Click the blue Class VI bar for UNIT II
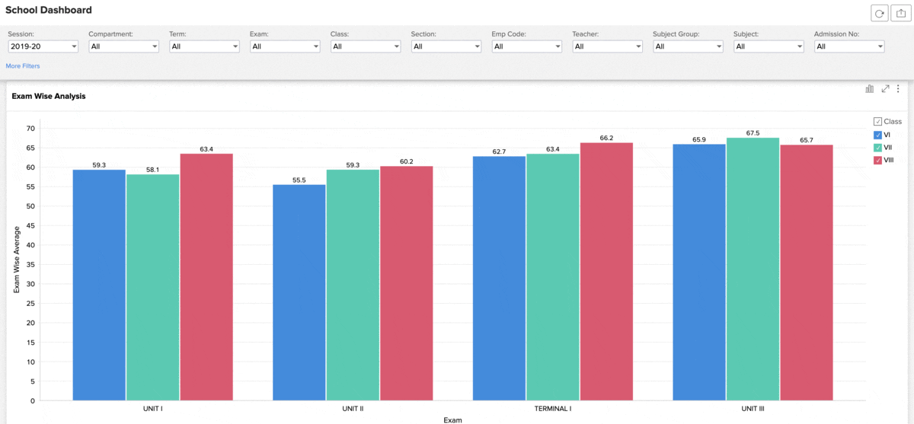299,292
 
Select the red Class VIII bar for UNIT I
206,277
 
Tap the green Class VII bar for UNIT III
753,269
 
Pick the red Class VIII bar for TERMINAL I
606,272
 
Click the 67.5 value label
753,133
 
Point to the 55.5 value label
299,180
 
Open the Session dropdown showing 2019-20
43,46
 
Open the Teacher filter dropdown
607,46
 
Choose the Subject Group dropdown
688,46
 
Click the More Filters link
23,65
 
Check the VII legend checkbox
877,148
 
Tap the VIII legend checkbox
877,160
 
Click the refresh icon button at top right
879,14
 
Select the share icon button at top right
900,14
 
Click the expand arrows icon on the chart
885,88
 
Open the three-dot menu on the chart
898,88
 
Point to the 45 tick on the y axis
30,225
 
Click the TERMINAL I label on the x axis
553,409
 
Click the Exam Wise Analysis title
49,96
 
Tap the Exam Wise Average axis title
17,260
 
